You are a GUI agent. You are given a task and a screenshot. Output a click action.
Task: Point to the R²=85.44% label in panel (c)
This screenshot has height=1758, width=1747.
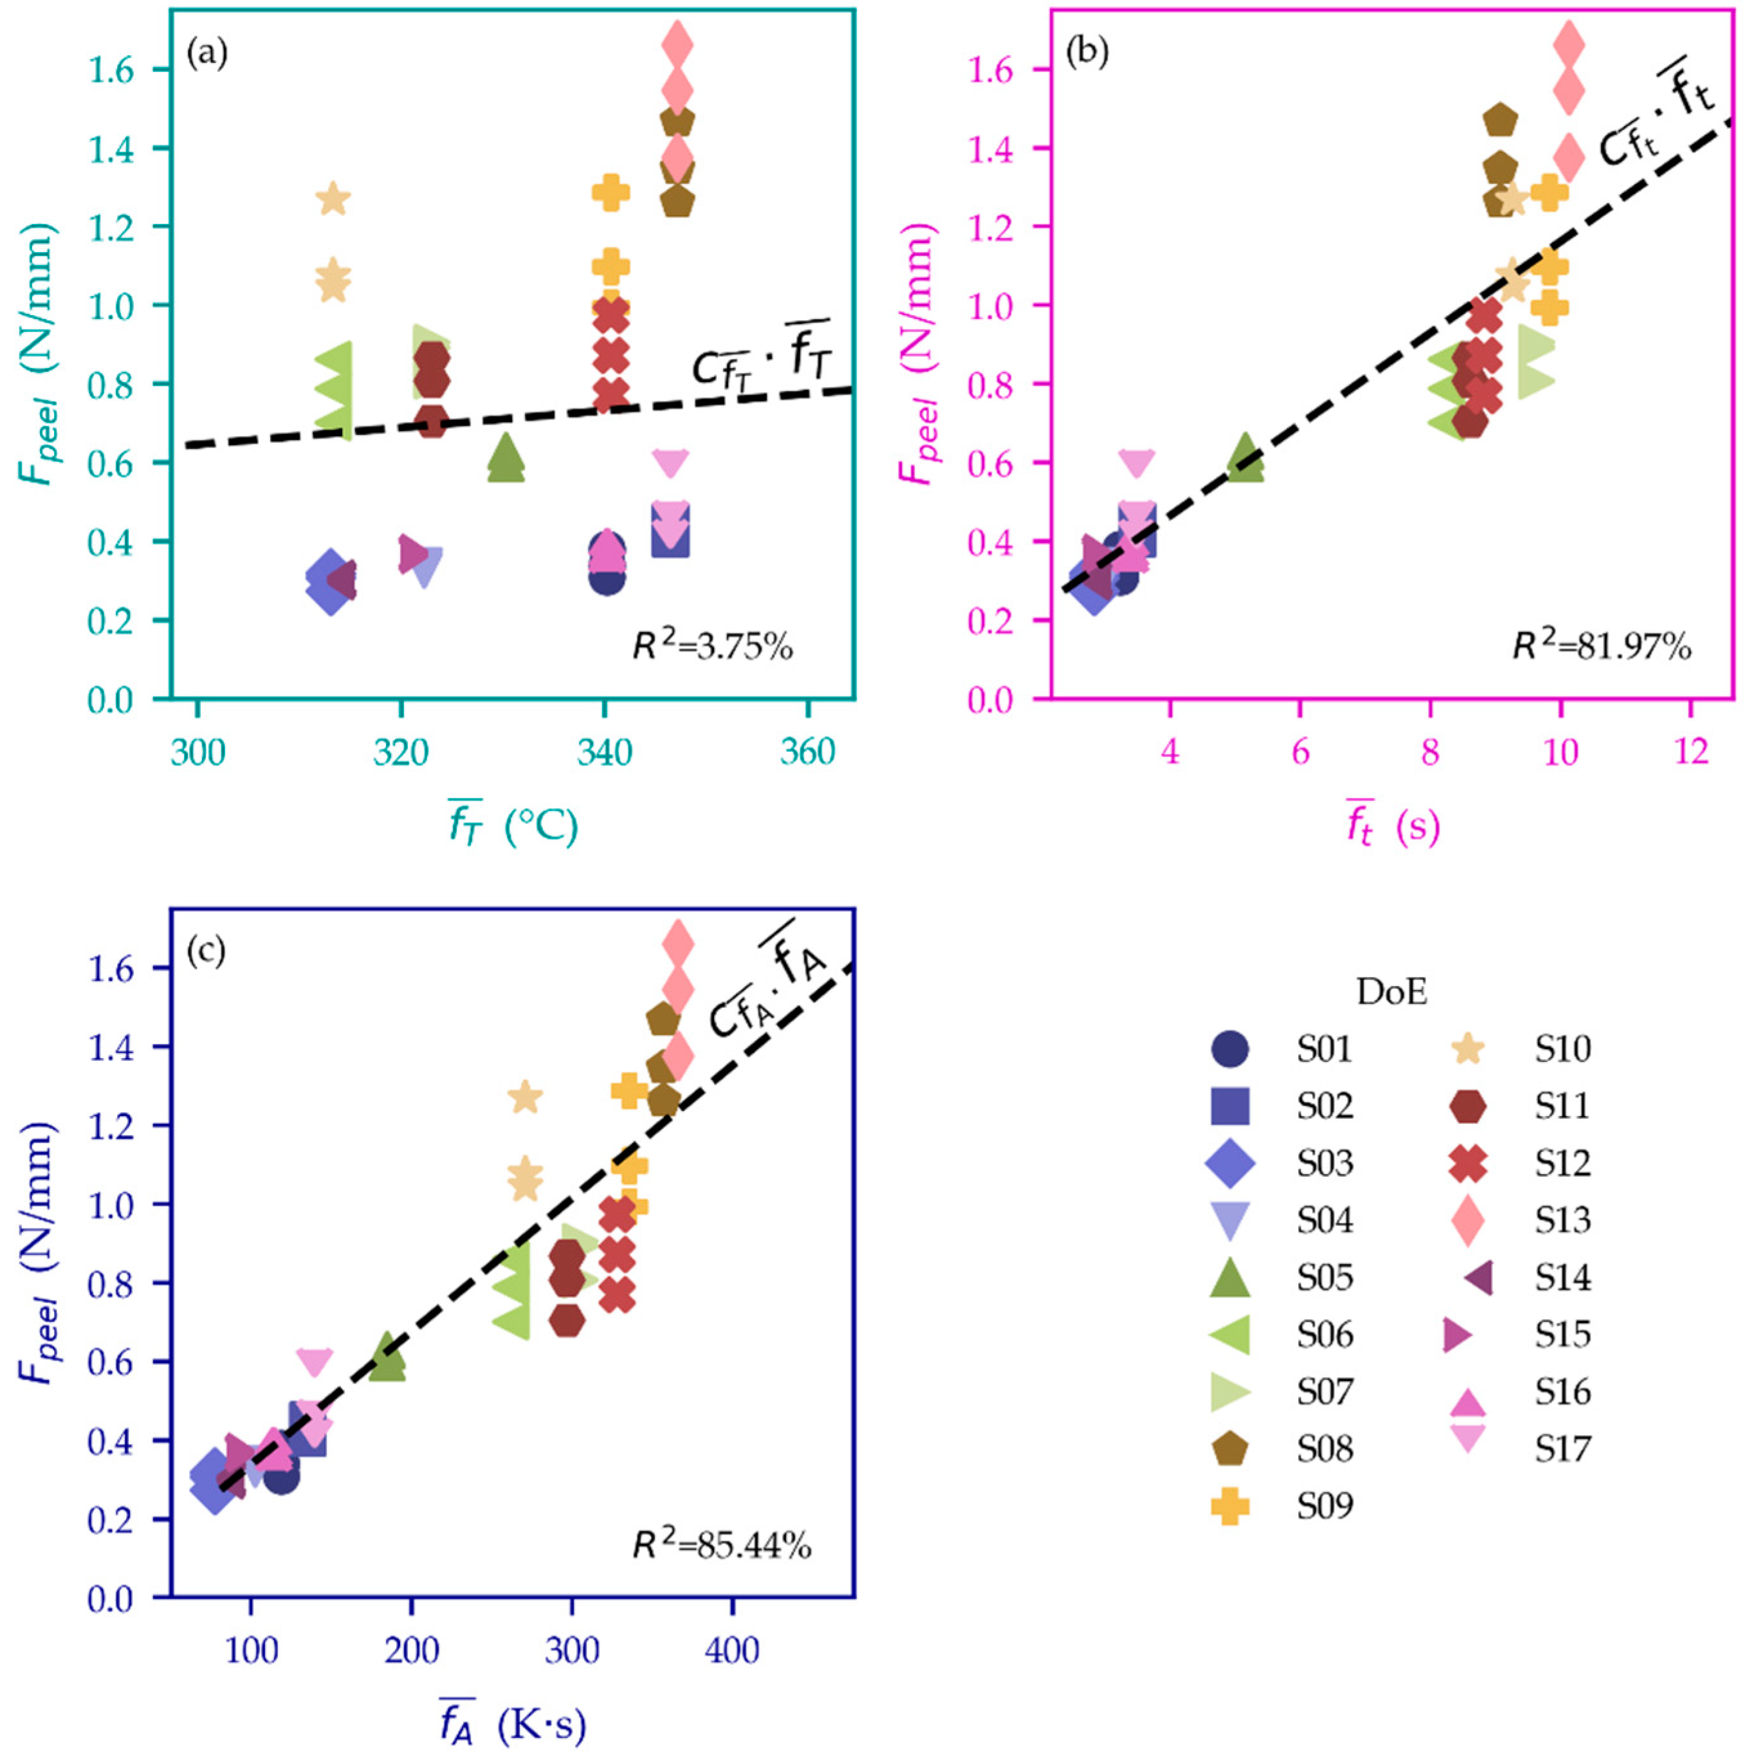[722, 1545]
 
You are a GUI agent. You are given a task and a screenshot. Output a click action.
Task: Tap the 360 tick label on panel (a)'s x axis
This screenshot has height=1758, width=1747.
[807, 753]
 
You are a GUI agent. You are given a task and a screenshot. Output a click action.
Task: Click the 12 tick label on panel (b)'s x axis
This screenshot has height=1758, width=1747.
[1690, 753]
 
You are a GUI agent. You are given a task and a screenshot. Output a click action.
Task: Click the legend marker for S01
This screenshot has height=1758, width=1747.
[1230, 1049]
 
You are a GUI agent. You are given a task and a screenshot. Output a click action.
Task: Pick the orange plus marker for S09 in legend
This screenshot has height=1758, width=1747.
[1230, 1506]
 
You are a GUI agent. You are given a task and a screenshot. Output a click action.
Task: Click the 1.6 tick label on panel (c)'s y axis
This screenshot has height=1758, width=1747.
[112, 967]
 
